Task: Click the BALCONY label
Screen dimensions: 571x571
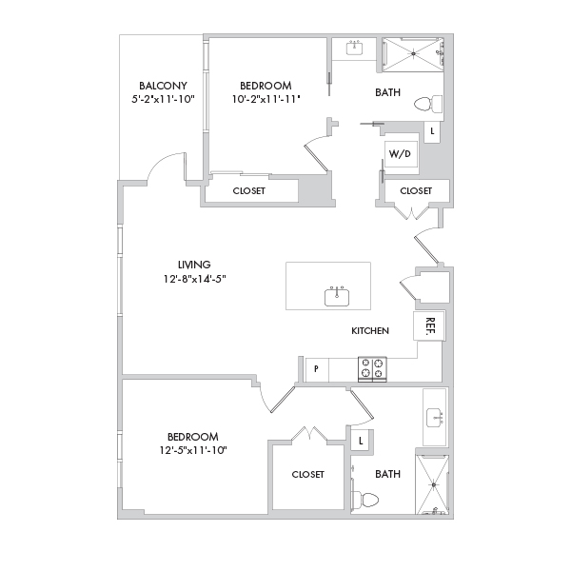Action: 163,86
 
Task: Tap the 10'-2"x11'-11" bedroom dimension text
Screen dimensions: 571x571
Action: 266,99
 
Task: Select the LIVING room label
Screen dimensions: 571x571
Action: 194,265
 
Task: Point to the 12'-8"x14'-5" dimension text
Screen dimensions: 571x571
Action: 195,279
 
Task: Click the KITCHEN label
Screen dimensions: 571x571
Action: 370,330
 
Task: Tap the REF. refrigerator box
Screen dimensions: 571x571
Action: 429,325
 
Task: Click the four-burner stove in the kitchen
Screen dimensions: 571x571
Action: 372,369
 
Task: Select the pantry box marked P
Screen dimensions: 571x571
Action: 317,370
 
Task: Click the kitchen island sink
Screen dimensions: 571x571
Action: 337,296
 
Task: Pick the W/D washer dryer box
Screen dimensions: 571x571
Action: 401,154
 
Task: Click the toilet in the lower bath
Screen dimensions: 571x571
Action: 364,500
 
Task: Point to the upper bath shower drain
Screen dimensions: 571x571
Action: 414,54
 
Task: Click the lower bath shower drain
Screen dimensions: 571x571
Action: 434,485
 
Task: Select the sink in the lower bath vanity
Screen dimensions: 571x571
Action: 435,418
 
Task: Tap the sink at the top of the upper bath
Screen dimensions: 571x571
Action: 354,48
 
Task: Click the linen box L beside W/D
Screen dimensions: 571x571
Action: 432,131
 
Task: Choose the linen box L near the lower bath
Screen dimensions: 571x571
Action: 361,441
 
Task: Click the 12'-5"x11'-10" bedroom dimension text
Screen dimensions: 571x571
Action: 193,450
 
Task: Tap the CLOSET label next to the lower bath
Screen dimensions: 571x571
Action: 307,474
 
